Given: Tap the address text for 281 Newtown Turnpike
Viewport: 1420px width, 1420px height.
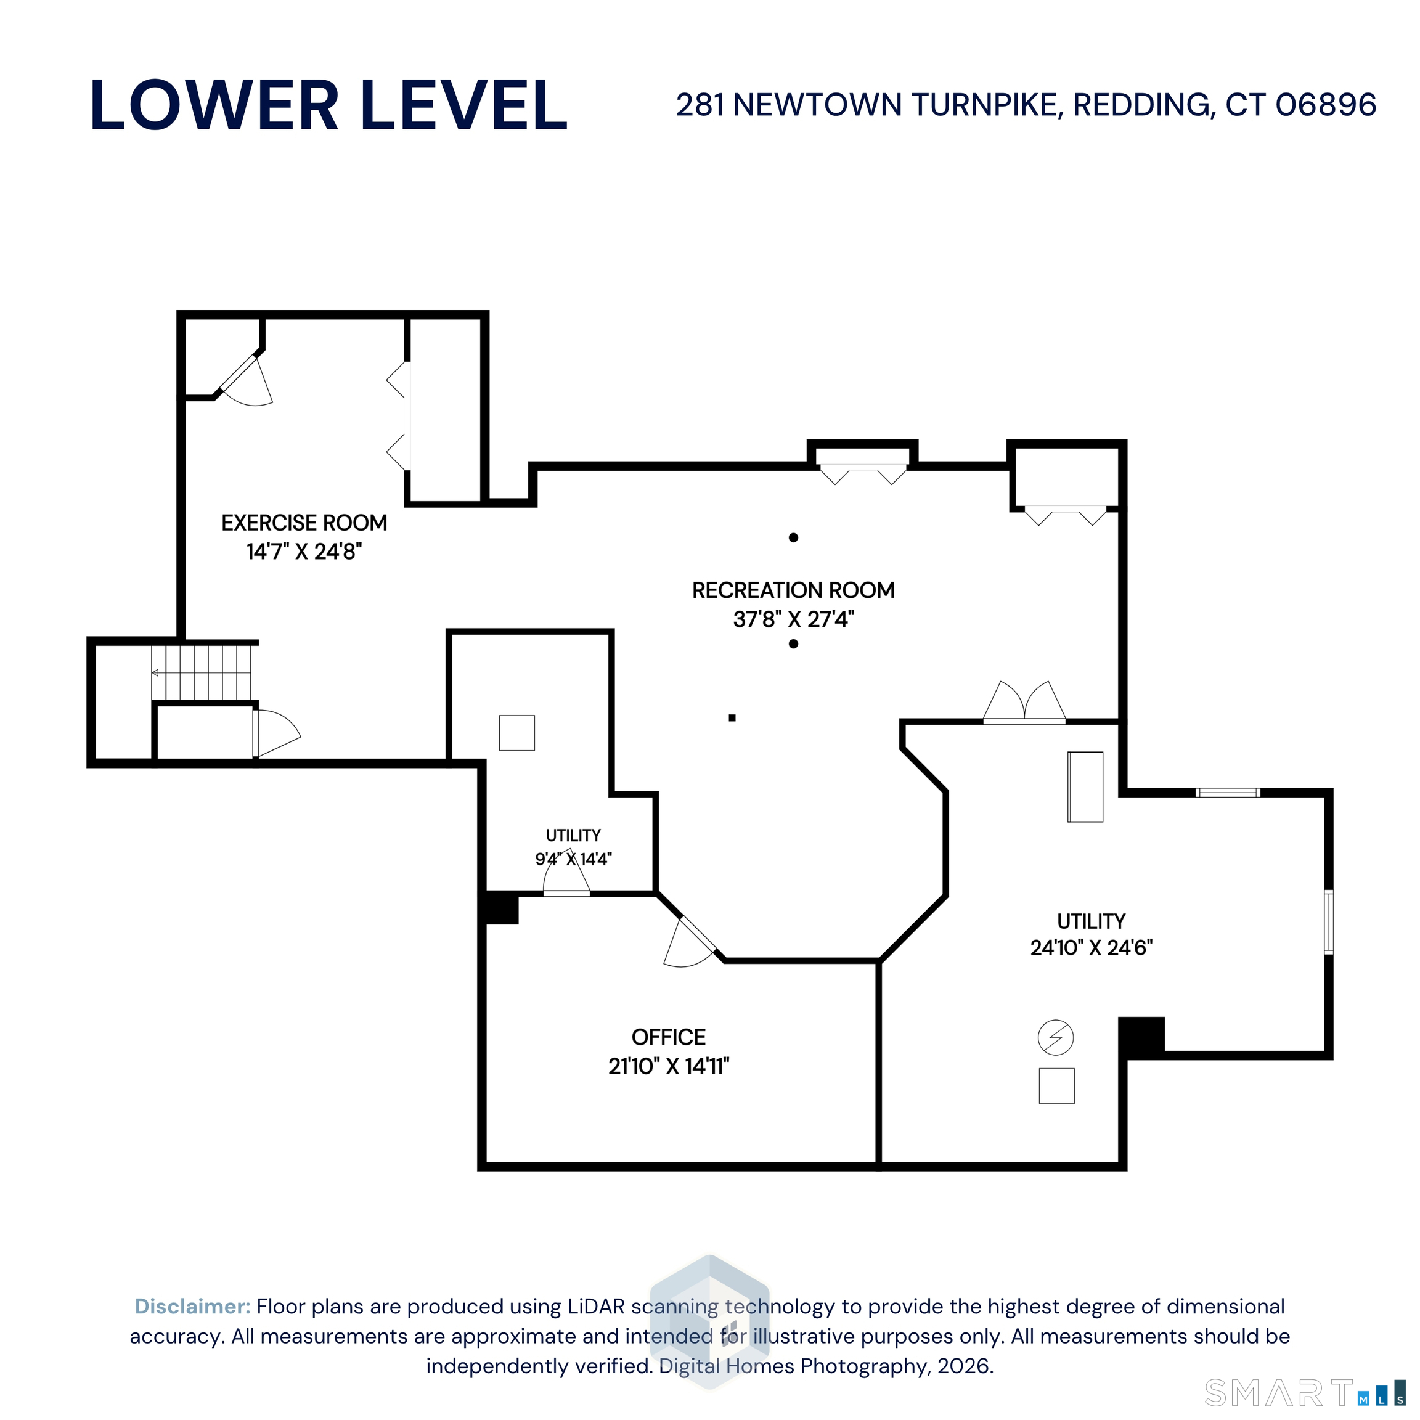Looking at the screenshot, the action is point(1026,105).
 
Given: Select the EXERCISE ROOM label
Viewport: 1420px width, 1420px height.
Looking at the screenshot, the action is point(304,523).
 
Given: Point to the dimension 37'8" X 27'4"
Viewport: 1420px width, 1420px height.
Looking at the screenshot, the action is point(794,619).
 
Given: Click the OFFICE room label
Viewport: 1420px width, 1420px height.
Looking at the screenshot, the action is point(669,1037).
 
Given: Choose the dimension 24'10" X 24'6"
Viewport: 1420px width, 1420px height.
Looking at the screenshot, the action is point(1092,947).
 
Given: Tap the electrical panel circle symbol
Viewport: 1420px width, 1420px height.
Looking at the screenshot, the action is point(1055,1038).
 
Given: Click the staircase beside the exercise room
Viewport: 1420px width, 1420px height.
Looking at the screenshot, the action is point(202,672).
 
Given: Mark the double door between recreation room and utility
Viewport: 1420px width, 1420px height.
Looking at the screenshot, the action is point(1024,703).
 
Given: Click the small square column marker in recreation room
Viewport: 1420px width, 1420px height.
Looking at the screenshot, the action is point(732,718).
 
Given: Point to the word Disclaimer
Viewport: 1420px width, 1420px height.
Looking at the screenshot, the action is point(192,1306).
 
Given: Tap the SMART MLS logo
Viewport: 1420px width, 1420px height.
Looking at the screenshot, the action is point(1305,1392).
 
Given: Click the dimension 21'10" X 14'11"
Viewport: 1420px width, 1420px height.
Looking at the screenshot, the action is point(669,1066).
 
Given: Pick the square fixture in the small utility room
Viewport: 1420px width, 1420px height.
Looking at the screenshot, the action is point(516,733).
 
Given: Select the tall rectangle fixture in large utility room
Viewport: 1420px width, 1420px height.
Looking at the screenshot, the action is point(1085,786).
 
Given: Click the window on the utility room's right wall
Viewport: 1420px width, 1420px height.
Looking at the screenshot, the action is point(1329,921).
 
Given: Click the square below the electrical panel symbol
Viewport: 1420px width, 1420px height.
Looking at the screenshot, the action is point(1057,1085).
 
